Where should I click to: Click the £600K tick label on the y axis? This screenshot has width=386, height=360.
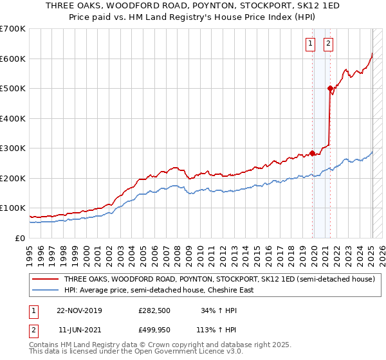tap(12, 59)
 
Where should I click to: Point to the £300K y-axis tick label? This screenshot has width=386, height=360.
tap(12, 148)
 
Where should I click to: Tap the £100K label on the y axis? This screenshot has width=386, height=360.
tap(12, 208)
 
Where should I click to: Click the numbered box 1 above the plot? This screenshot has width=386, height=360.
tap(310, 44)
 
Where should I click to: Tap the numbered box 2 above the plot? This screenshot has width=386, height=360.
tap(328, 44)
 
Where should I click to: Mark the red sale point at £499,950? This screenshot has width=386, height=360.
tap(330, 89)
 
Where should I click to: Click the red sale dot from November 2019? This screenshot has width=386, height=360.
tap(313, 153)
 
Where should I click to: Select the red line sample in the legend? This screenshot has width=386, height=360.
tap(45, 280)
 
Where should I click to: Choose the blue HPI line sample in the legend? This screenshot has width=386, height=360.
tap(45, 290)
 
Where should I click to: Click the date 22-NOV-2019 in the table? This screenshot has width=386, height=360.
tap(79, 310)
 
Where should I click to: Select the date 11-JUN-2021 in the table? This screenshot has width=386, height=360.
tap(80, 331)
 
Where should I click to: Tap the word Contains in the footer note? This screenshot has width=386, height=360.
tap(44, 345)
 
